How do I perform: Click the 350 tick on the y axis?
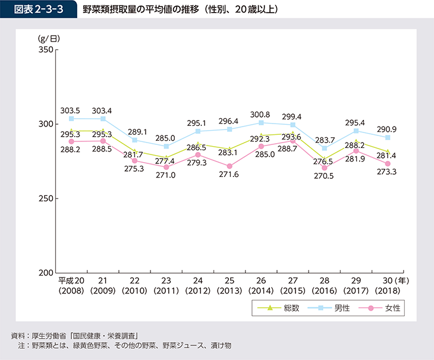point(46,50)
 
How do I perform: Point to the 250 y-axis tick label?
point(46,198)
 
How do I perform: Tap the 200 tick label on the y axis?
point(46,273)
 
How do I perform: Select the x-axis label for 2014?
point(261,286)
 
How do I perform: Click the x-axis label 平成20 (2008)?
point(71,286)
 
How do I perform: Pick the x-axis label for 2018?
point(388,286)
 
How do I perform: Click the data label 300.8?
point(261,115)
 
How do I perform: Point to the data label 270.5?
point(324,176)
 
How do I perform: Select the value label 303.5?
point(71,110)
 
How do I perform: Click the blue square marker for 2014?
point(261,123)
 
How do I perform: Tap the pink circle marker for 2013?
point(229,166)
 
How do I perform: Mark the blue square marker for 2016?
point(324,148)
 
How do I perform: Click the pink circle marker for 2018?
point(388,164)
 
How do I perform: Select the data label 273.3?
point(386,172)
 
